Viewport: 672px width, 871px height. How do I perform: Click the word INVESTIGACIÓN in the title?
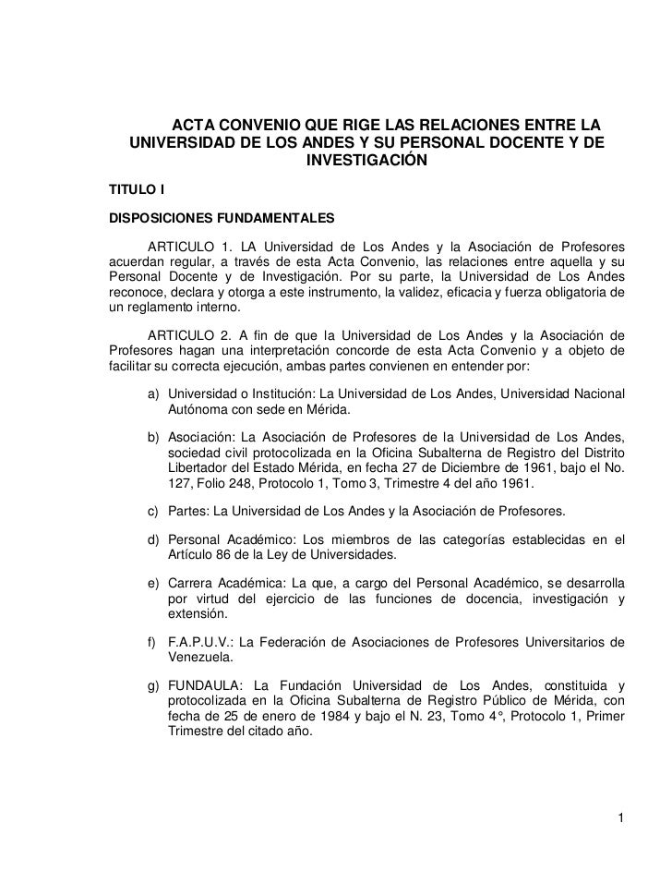coord(366,161)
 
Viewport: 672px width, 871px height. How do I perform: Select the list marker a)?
coord(154,394)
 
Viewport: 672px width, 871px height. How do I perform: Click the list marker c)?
coord(154,511)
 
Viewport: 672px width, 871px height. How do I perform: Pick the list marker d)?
coord(154,538)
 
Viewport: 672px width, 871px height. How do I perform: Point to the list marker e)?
coord(154,583)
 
